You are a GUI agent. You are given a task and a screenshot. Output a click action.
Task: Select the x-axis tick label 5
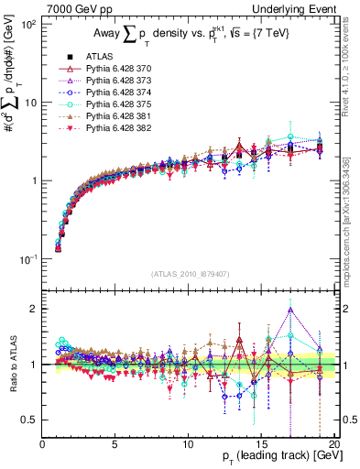tap(115, 443)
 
